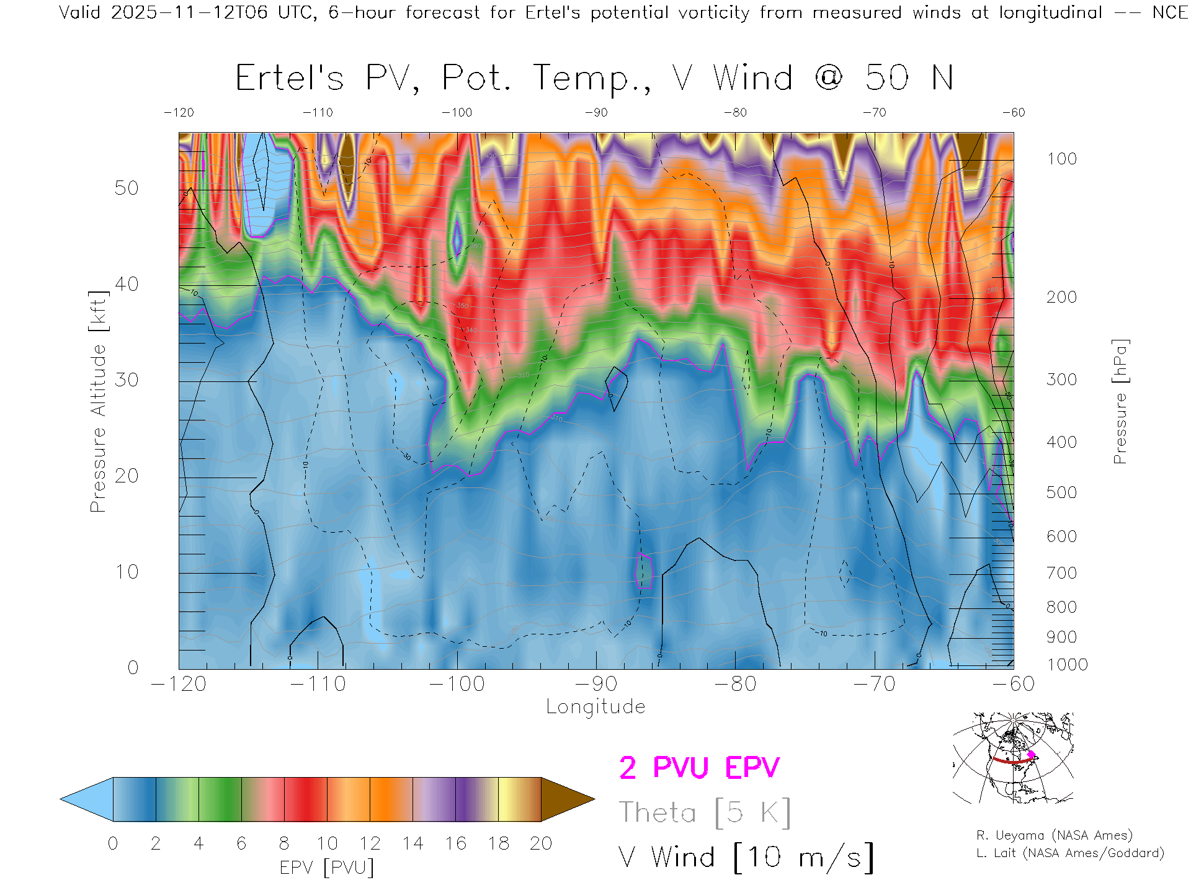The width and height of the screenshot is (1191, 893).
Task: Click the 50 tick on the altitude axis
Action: [126, 188]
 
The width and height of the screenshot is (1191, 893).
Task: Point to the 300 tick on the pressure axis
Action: [1061, 380]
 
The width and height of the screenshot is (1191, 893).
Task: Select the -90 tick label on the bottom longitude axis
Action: [596, 683]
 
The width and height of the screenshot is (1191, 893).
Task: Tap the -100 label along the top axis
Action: [457, 113]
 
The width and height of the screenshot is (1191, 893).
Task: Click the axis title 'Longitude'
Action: [595, 707]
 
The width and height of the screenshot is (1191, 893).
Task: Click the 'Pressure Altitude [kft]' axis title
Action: [98, 401]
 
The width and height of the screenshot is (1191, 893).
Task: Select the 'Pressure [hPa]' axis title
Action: [1120, 401]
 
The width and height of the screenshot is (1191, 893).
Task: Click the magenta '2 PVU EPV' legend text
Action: [699, 768]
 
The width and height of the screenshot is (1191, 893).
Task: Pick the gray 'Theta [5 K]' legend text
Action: [705, 812]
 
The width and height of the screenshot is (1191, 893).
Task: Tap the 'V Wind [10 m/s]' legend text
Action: [746, 858]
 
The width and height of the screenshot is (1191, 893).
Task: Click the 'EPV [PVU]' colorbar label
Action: [327, 868]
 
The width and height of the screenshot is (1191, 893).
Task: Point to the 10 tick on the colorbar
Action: [327, 843]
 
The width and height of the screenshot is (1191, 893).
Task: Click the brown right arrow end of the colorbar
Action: [566, 799]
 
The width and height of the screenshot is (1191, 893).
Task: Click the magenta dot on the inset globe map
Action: [1031, 755]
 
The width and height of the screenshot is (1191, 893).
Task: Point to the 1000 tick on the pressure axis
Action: [1067, 665]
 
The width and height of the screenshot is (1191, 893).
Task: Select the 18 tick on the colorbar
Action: [499, 843]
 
